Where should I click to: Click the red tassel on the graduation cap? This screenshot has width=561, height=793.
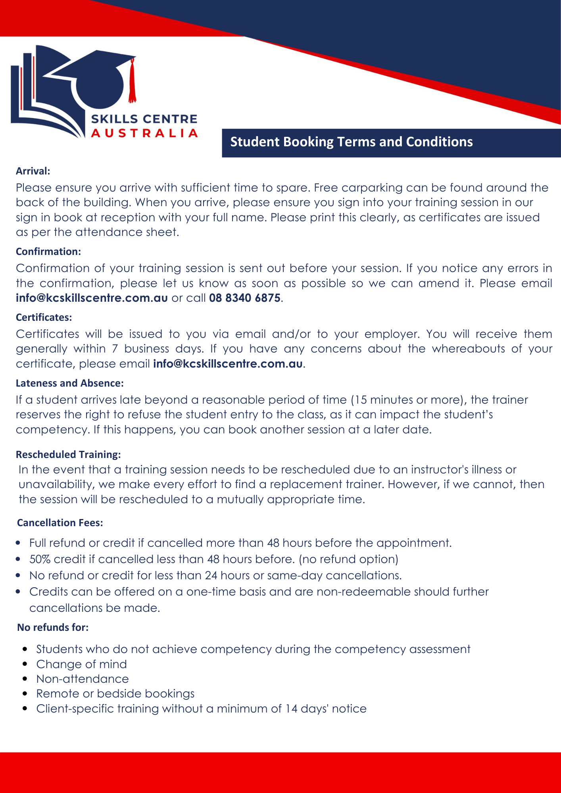(133, 81)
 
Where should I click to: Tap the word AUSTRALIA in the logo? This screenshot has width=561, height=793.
(144, 133)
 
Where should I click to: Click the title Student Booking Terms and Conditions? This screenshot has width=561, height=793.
(352, 142)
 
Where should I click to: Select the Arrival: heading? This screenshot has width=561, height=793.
(33, 171)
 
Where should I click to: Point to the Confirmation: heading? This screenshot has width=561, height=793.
(48, 252)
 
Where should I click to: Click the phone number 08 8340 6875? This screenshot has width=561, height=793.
(245, 298)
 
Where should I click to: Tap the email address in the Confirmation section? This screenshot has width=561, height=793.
(92, 298)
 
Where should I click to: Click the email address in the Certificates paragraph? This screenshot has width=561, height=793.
(228, 364)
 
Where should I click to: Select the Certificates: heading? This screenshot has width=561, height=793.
(44, 318)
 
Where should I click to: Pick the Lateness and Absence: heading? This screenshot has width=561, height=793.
(70, 383)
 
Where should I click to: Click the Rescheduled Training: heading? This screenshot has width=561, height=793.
(68, 454)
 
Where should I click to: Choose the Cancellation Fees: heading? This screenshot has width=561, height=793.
(60, 523)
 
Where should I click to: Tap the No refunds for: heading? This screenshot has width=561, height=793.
(53, 628)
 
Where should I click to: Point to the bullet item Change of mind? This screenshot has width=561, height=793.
(81, 665)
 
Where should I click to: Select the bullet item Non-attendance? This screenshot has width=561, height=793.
(83, 679)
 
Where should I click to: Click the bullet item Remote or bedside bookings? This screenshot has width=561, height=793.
(115, 694)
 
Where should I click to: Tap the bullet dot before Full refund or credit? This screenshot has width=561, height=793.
(18, 543)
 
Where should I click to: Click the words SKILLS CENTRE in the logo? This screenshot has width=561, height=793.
(144, 119)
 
